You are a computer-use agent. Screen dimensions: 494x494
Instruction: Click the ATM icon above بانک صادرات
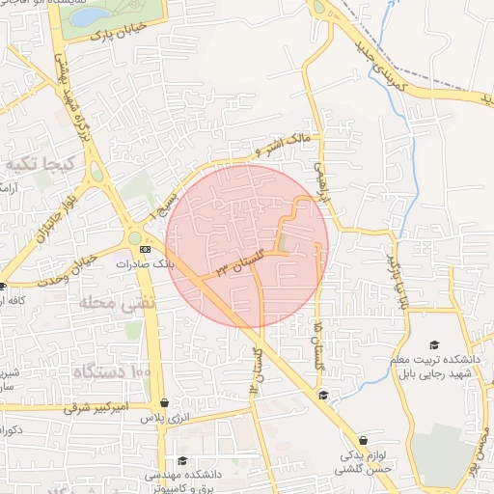point(146,250)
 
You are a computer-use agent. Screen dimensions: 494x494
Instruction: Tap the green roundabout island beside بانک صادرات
point(135,236)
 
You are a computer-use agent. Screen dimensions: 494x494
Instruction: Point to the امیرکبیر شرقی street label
point(96,409)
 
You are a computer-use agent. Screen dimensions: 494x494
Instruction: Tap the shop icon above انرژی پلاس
point(165,403)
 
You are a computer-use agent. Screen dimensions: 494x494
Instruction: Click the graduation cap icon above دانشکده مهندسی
point(181,460)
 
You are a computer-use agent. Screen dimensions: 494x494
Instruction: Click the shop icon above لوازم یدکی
point(364,439)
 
